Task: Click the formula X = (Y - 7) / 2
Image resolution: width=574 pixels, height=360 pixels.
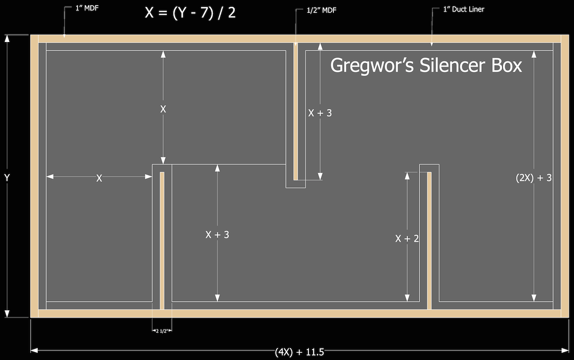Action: tap(190, 12)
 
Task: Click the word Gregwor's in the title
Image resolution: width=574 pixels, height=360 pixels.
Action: tap(372, 65)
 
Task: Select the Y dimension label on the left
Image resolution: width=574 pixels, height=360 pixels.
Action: tap(7, 177)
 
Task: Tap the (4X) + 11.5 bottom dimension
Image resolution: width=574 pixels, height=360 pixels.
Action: tap(299, 352)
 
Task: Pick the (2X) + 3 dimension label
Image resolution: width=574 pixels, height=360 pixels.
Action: tap(534, 178)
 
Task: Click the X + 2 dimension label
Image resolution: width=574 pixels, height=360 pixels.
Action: tap(407, 239)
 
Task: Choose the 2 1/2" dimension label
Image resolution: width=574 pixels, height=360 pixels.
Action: tap(162, 330)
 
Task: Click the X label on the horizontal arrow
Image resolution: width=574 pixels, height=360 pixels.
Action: tap(99, 178)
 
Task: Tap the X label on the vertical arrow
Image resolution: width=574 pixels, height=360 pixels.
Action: tap(163, 109)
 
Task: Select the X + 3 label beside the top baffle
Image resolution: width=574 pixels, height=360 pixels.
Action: tap(320, 113)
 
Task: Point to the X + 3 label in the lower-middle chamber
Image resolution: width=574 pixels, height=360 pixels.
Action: tap(217, 235)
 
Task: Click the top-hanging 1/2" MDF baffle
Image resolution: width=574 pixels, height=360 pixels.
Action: tap(296, 110)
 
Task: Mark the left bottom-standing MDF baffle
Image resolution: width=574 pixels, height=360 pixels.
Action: tap(162, 239)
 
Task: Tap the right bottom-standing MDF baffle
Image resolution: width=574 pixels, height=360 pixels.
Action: tap(429, 239)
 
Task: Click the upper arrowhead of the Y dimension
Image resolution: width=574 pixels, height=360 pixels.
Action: tap(7, 39)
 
